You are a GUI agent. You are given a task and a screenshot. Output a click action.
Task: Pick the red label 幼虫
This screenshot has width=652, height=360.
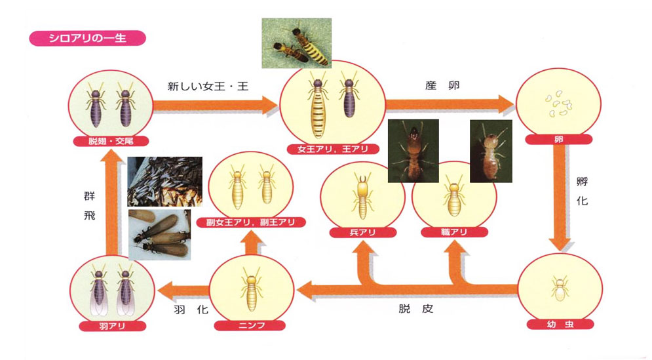tap(559, 324)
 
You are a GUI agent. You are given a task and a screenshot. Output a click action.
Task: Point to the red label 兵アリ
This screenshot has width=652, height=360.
tap(361, 232)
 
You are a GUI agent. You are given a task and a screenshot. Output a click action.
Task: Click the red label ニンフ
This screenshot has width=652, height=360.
tap(250, 324)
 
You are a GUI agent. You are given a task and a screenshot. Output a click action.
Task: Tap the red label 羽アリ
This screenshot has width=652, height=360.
tap(109, 325)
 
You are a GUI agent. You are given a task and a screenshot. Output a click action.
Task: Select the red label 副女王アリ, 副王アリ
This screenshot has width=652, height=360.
tap(251, 222)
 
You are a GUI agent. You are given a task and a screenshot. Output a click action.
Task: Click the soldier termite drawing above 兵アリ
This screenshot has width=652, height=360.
tap(361, 194)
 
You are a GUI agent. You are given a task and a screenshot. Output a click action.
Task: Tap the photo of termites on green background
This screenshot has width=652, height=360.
tap(296, 43)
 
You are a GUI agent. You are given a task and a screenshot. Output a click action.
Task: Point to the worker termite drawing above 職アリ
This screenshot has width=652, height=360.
tap(451, 197)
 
